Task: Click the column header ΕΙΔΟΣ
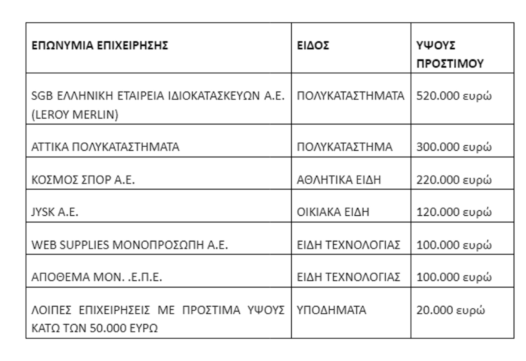[313, 45]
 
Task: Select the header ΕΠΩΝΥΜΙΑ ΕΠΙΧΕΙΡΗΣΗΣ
[100, 45]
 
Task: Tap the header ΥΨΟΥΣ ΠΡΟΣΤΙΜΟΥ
[450, 54]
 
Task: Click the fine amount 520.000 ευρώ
[454, 96]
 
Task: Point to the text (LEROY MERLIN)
[75, 114]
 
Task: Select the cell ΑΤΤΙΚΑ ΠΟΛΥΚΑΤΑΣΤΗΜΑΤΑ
[105, 147]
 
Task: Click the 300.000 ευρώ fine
[454, 147]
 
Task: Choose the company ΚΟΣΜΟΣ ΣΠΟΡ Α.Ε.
[83, 180]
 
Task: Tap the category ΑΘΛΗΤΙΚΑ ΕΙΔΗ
[339, 180]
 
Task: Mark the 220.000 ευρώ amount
[454, 180]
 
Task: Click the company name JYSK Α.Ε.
[55, 212]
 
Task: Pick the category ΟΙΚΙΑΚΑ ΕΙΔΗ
[333, 212]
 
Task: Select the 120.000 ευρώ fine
[454, 212]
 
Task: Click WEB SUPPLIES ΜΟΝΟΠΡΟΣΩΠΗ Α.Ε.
[130, 245]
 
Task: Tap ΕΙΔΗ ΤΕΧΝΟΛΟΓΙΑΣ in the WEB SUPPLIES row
[348, 245]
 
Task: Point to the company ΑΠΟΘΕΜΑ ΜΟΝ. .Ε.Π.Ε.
[97, 277]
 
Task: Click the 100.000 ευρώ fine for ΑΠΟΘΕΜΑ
[454, 277]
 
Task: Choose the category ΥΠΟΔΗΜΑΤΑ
[331, 310]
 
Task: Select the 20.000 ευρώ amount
[450, 310]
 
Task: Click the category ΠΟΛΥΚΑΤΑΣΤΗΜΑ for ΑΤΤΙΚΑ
[344, 147]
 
